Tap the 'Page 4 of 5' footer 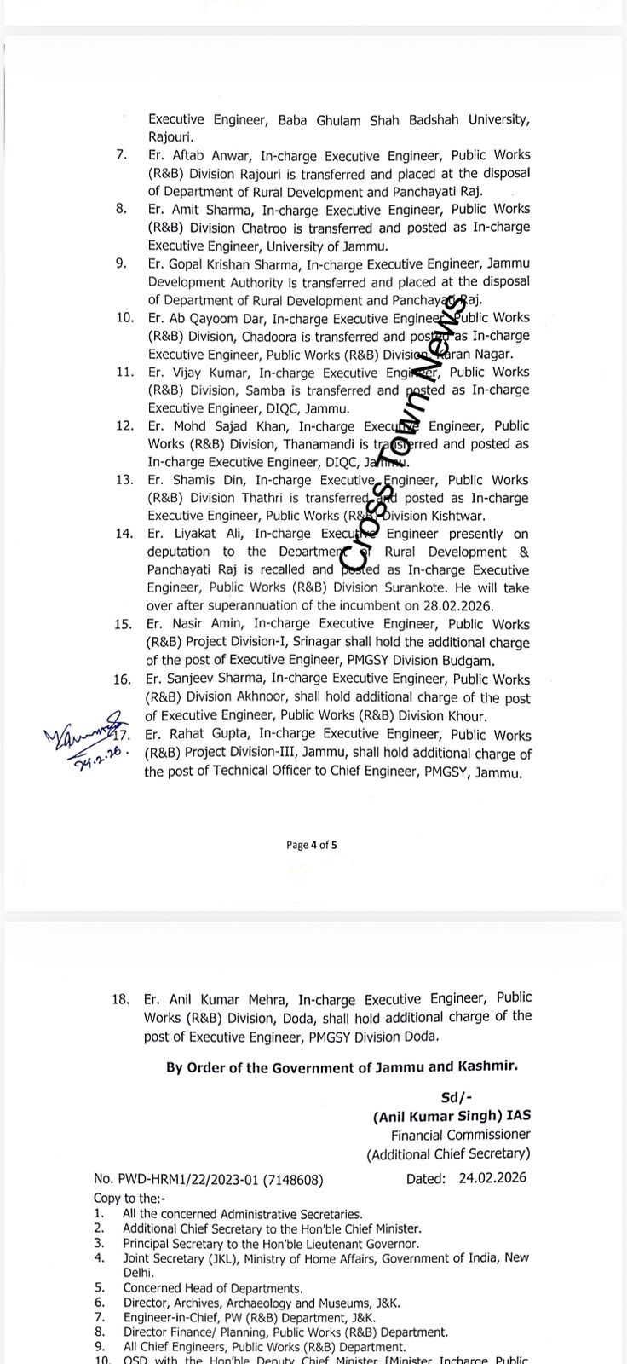(312, 845)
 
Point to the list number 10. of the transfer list (125, 318)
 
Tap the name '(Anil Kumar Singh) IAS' (451, 1116)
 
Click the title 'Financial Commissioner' (460, 1135)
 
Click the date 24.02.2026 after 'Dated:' (492, 1178)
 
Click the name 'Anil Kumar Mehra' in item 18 (216, 999)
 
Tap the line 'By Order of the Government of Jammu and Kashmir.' (342, 1067)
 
